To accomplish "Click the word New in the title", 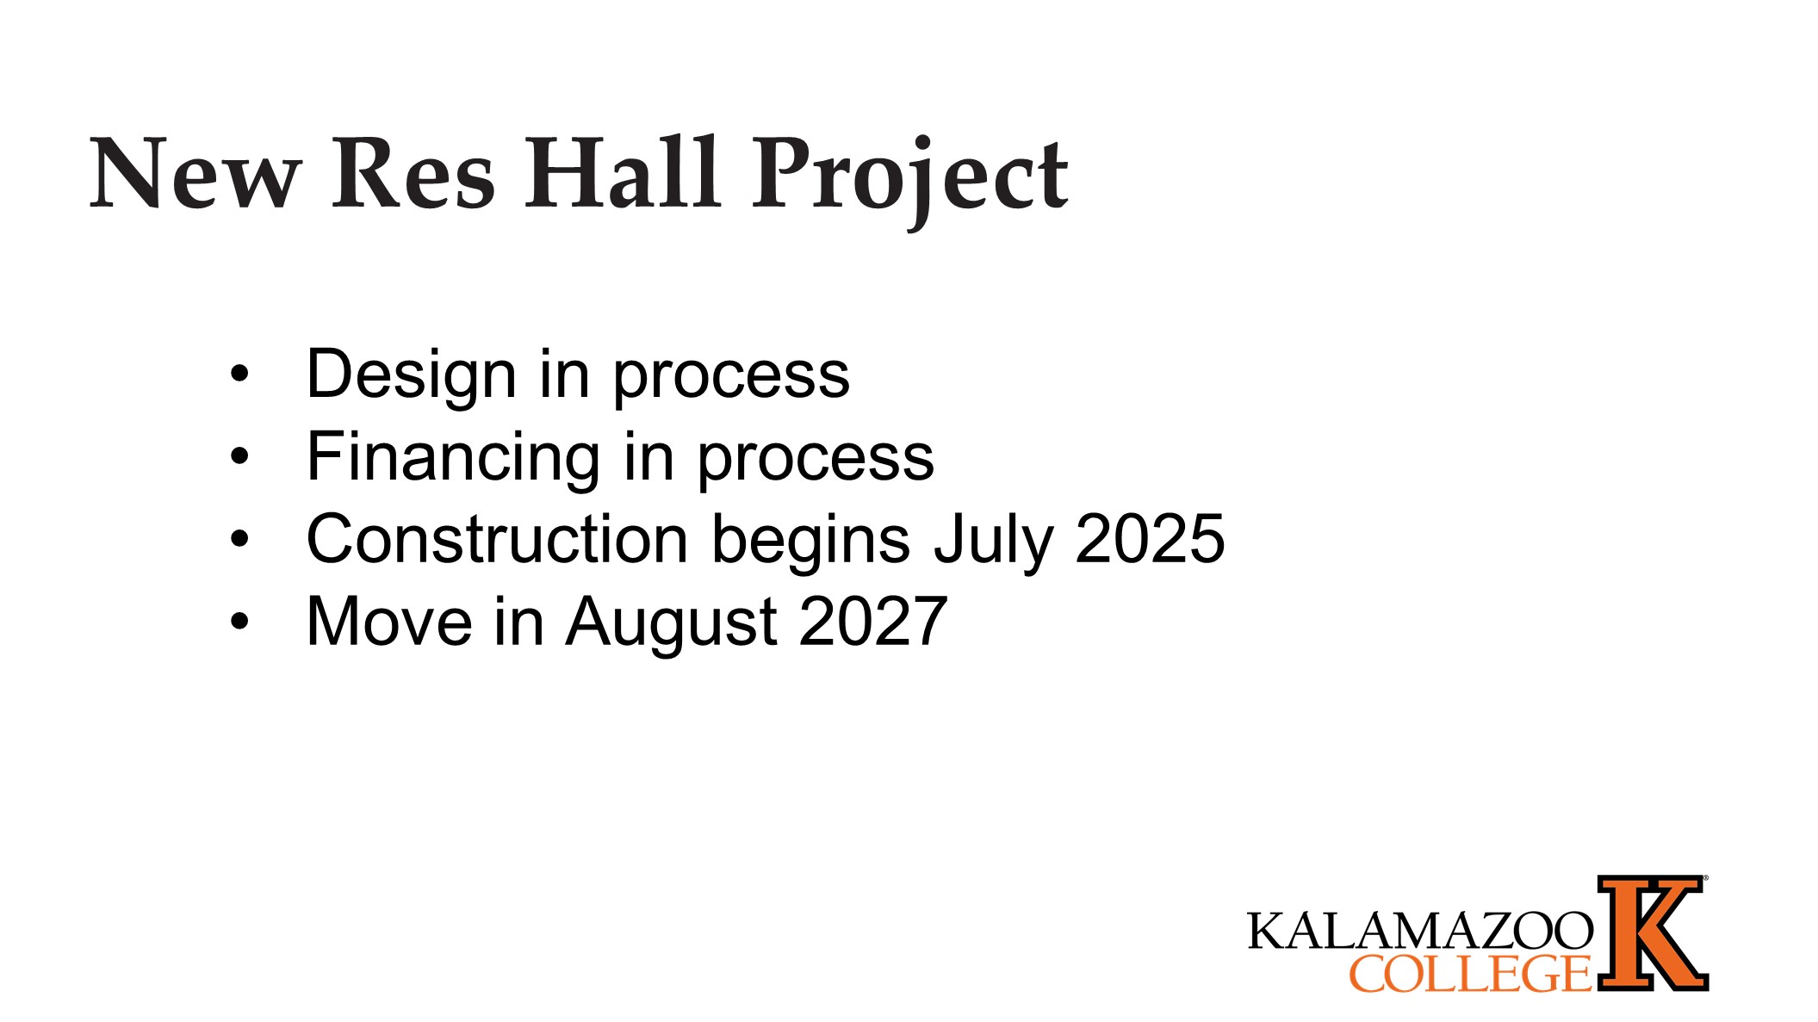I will [195, 174].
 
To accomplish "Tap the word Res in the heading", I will [413, 174].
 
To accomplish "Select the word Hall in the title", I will [622, 174].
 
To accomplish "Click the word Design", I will [411, 375].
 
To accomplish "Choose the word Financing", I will [453, 457].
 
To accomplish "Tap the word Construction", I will [497, 540].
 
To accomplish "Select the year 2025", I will [1150, 540].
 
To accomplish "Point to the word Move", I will [389, 622].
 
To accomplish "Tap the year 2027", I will [873, 622].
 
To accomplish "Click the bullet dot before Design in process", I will [239, 375].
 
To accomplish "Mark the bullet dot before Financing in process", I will [239, 456].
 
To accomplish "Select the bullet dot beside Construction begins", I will [239, 539].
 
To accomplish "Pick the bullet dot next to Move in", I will [239, 621].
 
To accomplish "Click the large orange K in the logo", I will [1652, 933].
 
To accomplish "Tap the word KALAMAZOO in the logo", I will [1419, 931].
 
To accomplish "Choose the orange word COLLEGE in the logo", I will [1469, 974].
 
